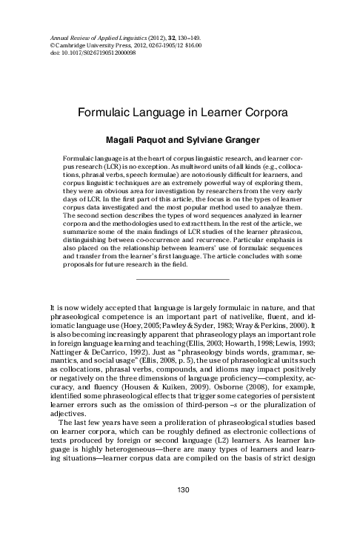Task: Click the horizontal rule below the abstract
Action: coord(180,258)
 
